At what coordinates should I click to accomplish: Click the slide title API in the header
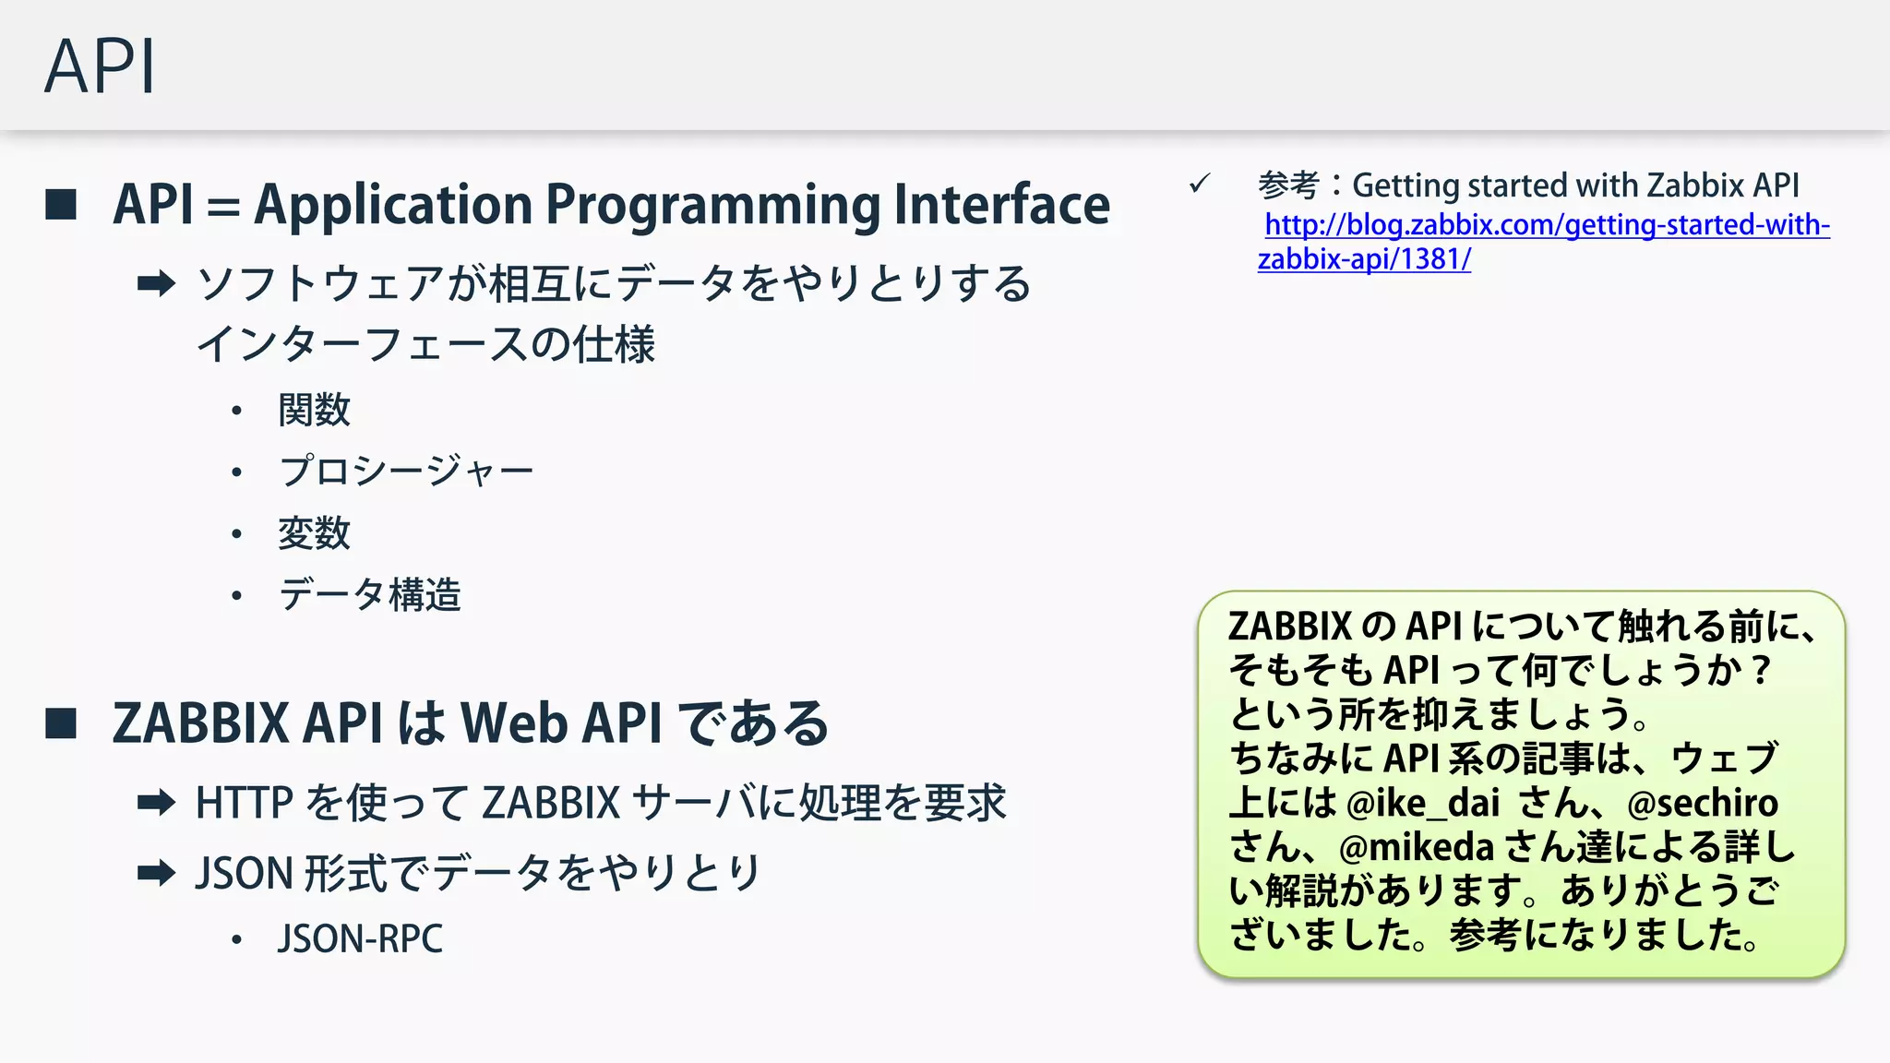(x=100, y=66)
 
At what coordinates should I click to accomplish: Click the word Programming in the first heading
(x=713, y=205)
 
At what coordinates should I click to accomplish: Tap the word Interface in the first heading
(x=1001, y=205)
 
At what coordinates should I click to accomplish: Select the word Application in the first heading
(x=393, y=205)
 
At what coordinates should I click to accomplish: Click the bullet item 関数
(x=315, y=410)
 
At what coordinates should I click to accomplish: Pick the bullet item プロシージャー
(x=406, y=472)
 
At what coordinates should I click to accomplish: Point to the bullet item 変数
(x=315, y=533)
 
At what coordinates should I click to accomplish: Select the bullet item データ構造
(x=369, y=595)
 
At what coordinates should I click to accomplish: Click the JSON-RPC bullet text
(x=360, y=939)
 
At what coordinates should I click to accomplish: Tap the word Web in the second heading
(x=513, y=723)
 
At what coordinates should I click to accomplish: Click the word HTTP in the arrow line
(x=245, y=803)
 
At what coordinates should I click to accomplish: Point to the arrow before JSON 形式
(x=156, y=873)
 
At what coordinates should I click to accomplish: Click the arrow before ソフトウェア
(x=156, y=283)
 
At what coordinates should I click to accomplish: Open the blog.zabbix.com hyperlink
(x=1546, y=225)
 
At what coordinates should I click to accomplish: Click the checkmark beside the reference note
(x=1200, y=184)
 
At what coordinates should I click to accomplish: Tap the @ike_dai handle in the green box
(x=1423, y=803)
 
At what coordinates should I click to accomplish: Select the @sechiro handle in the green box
(x=1703, y=803)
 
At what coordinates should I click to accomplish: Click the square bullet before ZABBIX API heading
(x=61, y=723)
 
